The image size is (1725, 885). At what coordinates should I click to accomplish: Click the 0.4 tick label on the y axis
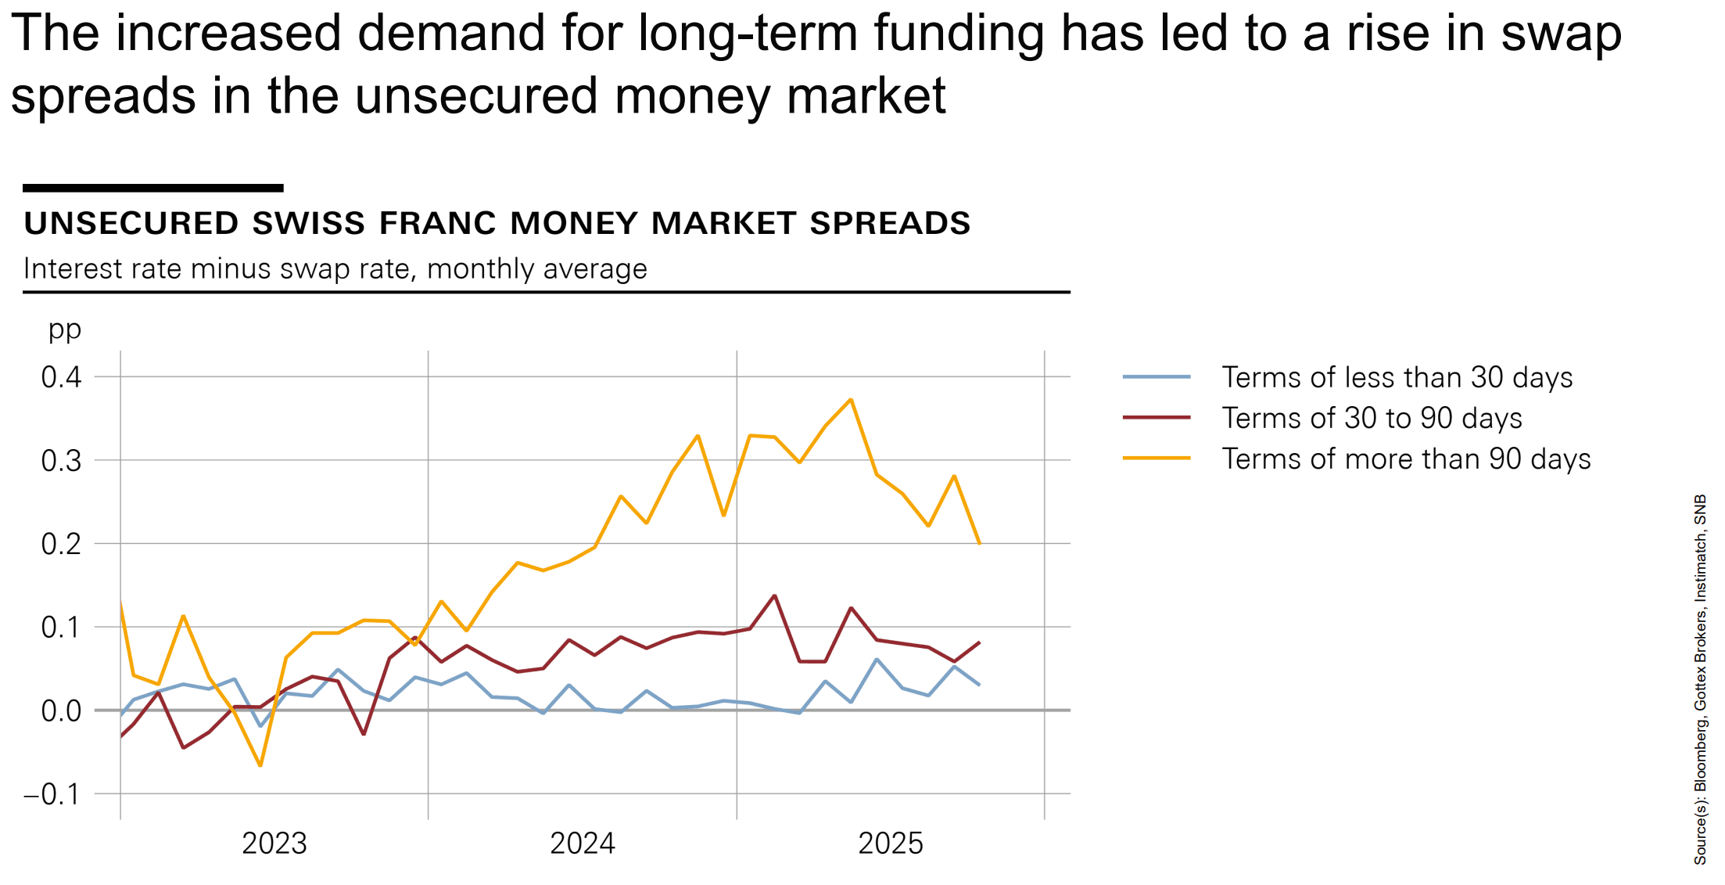[x=61, y=377]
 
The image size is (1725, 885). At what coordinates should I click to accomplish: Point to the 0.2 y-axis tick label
[x=61, y=544]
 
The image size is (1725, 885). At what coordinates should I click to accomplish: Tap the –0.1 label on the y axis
[x=52, y=795]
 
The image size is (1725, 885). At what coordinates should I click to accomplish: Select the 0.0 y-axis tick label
[x=61, y=711]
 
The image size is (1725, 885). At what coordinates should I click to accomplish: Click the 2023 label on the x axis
[x=274, y=844]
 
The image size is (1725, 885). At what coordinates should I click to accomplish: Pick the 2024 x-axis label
[x=583, y=844]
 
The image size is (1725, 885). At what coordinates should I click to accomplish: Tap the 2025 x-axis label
[x=891, y=844]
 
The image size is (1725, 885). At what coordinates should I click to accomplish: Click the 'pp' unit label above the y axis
[x=65, y=329]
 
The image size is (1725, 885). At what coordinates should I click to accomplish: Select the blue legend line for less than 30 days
[x=1157, y=377]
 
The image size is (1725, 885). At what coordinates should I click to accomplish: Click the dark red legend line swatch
[x=1157, y=418]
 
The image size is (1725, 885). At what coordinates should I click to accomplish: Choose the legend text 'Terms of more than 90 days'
[x=1406, y=459]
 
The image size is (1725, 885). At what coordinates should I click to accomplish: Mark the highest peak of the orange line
[x=851, y=400]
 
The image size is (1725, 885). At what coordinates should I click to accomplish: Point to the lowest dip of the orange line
[x=260, y=765]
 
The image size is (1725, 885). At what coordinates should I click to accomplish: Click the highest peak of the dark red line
[x=774, y=596]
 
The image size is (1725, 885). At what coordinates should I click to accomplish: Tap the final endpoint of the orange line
[x=979, y=543]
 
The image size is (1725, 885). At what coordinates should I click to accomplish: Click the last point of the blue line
[x=979, y=685]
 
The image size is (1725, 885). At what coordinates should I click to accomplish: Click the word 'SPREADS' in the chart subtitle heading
[x=890, y=224]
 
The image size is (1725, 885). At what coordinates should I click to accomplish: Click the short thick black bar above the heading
[x=153, y=188]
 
